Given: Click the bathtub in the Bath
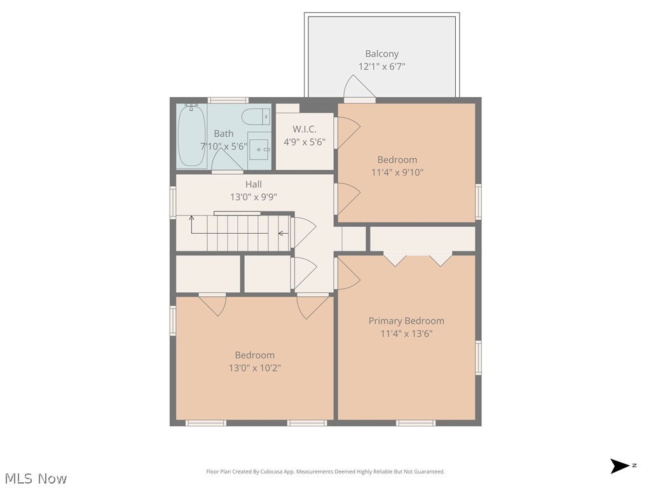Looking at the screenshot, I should click(x=191, y=135).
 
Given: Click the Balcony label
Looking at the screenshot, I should click(x=381, y=54).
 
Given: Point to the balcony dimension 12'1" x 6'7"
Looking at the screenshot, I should click(x=381, y=66).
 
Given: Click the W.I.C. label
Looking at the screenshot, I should click(x=305, y=129).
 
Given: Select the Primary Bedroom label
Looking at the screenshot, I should click(x=406, y=321).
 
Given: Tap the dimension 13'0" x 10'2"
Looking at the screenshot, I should click(x=254, y=367).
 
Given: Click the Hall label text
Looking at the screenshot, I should click(x=254, y=184).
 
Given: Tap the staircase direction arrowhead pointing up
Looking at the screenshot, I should click(x=191, y=219).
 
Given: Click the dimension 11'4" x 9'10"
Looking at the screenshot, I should click(x=397, y=172).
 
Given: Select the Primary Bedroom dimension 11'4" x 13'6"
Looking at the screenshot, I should click(x=406, y=334).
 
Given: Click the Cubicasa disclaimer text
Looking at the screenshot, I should click(x=325, y=471).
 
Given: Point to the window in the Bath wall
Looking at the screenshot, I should click(x=228, y=100).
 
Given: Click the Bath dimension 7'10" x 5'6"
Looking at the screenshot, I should click(x=224, y=146).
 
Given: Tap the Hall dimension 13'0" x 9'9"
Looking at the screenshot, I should click(x=254, y=197).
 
